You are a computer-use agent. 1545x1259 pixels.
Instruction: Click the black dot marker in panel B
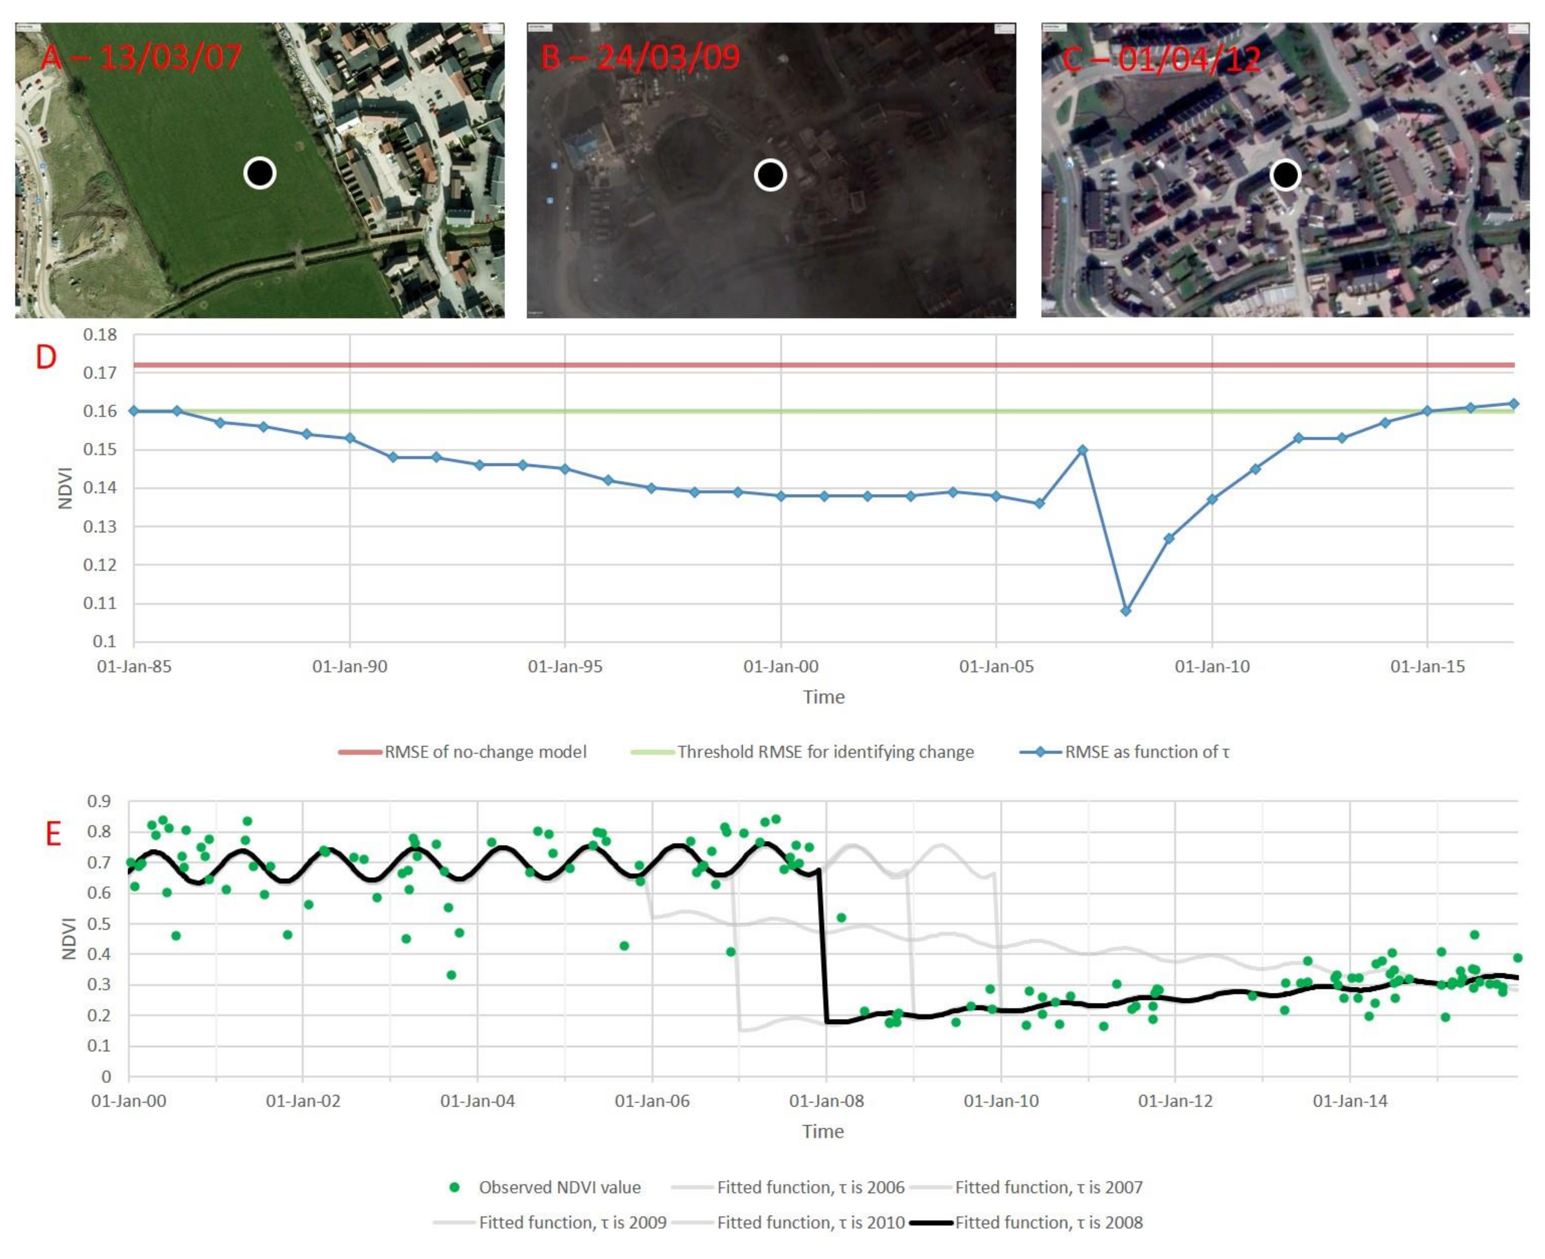[x=770, y=175]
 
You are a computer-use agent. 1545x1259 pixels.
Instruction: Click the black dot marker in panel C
[x=1285, y=175]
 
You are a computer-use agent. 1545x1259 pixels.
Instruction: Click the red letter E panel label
[x=53, y=834]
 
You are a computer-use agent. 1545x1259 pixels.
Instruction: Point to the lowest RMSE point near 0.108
[x=1125, y=611]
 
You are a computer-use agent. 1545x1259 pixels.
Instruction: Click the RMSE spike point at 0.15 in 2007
[x=1083, y=450]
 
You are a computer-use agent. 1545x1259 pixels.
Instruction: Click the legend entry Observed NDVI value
[x=559, y=1187]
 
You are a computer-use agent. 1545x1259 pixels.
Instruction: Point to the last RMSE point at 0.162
[x=1513, y=404]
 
